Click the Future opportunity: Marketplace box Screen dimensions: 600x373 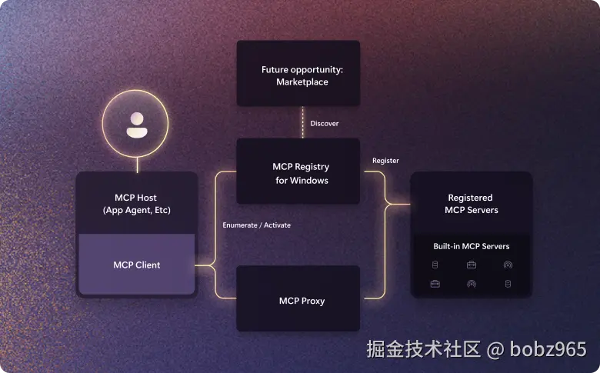pos(298,73)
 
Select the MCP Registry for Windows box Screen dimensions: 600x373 pos(298,171)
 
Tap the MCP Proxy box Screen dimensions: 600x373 pos(298,298)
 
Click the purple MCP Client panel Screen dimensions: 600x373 pos(137,264)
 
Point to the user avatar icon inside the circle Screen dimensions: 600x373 pos(137,125)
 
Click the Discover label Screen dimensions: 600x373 pos(324,124)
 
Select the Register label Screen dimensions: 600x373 pos(385,161)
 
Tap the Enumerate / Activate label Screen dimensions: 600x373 pos(256,225)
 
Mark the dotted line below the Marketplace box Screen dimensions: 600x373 pos(302,122)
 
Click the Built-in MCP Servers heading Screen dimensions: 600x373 pos(471,246)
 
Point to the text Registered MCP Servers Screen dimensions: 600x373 pos(471,204)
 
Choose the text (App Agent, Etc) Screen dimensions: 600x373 pos(137,211)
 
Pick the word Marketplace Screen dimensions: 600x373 pos(302,82)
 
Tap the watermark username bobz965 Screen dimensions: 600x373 pos(548,349)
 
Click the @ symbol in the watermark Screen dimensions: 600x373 pos(495,350)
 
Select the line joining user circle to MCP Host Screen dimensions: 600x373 pos(137,165)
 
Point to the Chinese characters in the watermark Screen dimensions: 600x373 pos(423,349)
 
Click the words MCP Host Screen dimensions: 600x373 pos(135,198)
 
